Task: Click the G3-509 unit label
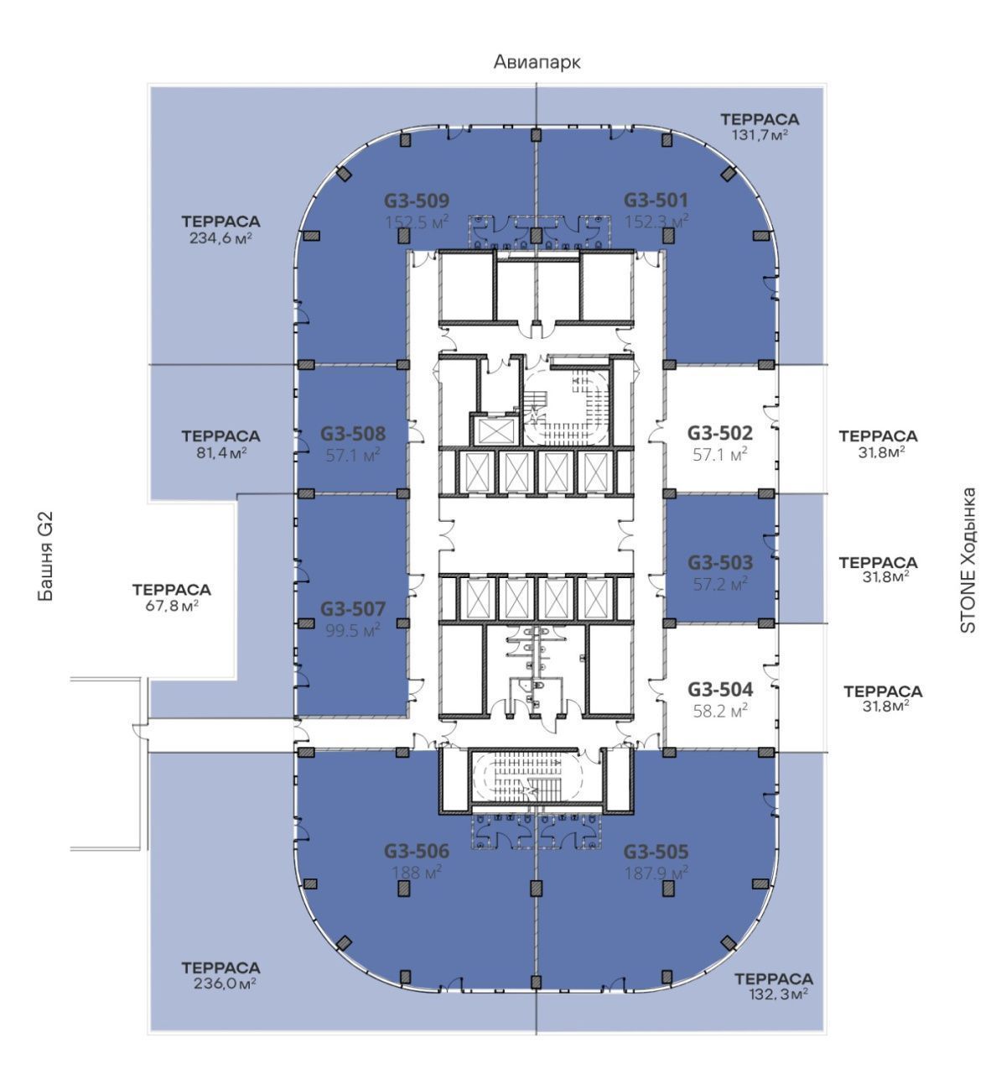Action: click(x=417, y=201)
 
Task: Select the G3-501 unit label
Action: click(x=656, y=201)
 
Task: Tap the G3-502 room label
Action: click(x=720, y=433)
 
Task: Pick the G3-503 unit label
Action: click(x=720, y=563)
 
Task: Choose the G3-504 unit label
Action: click(x=720, y=690)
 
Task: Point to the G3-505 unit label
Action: click(x=656, y=852)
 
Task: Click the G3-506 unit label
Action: click(x=417, y=852)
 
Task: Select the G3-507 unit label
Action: click(x=353, y=609)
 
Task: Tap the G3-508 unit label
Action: click(x=353, y=434)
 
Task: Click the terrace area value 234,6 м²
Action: click(x=221, y=238)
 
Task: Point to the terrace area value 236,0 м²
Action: click(x=225, y=983)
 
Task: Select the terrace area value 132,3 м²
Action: click(x=778, y=993)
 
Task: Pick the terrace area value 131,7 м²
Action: click(x=760, y=134)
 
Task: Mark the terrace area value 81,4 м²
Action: click(x=221, y=452)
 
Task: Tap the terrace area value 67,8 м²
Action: click(x=172, y=606)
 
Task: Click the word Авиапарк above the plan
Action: click(x=537, y=62)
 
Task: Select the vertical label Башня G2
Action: click(x=46, y=557)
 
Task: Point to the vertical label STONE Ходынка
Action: click(x=967, y=560)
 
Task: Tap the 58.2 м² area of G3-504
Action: click(x=720, y=711)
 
